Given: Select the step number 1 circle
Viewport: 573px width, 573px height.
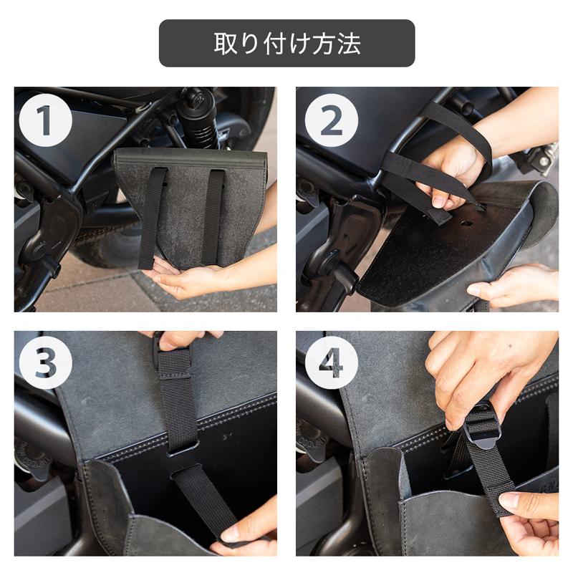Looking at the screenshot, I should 44,120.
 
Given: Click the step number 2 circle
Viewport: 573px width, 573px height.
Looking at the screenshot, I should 331,120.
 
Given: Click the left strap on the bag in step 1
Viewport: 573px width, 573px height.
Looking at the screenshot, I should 152,215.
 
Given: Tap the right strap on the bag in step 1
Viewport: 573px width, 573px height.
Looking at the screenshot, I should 213,215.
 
